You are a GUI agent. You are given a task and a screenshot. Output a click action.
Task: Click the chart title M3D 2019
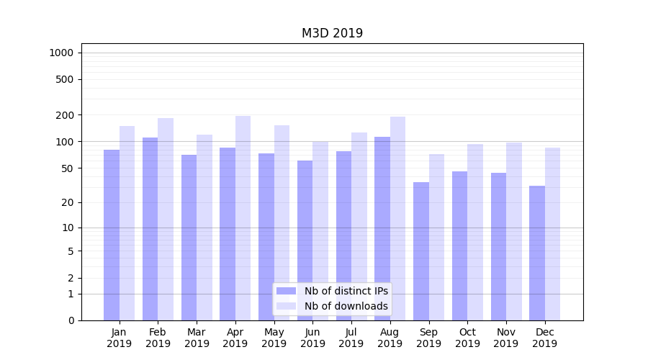tap(332, 33)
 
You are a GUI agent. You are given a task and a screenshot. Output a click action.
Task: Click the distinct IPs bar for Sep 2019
tap(421, 251)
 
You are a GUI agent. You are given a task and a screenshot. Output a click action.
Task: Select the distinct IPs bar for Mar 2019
tap(189, 238)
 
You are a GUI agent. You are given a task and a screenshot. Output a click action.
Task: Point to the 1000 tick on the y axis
tap(62, 53)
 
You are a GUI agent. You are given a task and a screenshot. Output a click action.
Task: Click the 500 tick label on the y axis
tap(65, 79)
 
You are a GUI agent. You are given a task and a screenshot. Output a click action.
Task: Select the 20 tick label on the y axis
tap(68, 202)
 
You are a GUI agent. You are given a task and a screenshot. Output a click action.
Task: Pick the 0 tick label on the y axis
tap(71, 320)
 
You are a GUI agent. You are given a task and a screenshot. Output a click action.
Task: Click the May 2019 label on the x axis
tap(274, 338)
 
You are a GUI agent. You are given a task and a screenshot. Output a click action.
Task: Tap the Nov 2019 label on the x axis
tap(505, 338)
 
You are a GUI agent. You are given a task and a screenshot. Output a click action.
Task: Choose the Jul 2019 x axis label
tap(351, 338)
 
